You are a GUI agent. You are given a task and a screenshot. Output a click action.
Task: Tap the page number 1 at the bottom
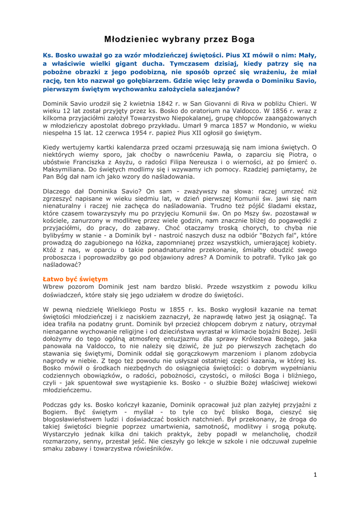315,489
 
